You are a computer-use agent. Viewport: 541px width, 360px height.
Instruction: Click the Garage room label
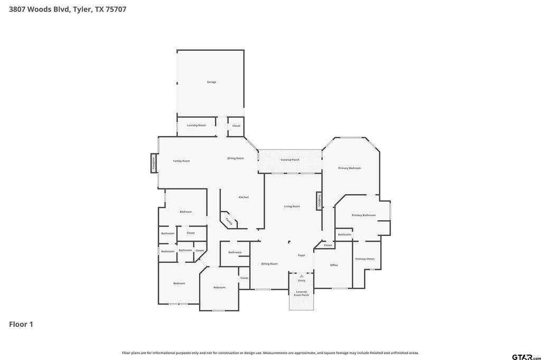(211, 82)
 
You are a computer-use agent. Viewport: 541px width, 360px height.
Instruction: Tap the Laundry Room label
(197, 125)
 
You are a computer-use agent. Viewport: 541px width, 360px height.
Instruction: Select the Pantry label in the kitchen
(229, 221)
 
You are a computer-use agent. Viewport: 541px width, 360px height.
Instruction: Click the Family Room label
(182, 161)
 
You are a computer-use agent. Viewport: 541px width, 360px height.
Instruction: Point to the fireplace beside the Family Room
(154, 163)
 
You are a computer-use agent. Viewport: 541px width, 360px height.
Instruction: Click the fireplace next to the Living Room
(319, 201)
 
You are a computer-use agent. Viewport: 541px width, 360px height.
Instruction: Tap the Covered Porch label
(290, 159)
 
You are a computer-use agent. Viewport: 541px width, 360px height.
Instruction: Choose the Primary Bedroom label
(350, 168)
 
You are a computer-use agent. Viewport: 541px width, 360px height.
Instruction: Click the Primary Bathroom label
(363, 215)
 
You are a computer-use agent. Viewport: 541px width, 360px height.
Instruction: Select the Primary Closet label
(365, 259)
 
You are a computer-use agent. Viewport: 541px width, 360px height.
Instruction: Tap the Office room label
(334, 265)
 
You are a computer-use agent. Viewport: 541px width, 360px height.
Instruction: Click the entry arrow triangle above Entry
(302, 276)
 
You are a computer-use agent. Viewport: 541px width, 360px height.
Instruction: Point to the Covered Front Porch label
(302, 293)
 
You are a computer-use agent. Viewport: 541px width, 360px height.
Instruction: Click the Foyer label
(302, 255)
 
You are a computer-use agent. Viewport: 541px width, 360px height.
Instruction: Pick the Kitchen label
(244, 197)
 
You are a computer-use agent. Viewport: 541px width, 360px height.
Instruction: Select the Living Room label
(292, 206)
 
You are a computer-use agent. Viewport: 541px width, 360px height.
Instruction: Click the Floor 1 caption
(21, 324)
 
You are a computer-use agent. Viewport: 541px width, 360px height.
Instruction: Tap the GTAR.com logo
(526, 357)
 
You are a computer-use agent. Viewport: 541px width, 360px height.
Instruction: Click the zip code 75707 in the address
(116, 10)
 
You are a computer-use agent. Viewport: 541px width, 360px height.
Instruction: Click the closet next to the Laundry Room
(236, 126)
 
